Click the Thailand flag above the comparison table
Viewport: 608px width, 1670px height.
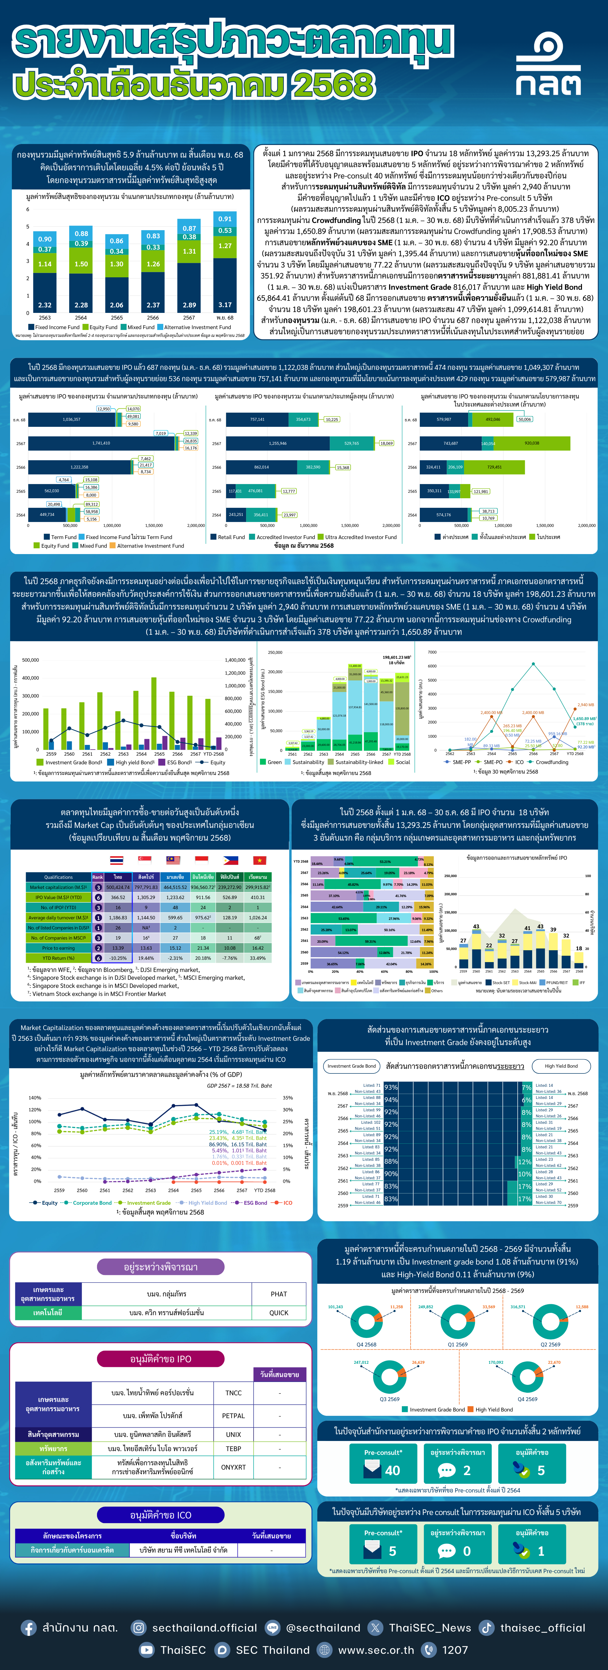click(117, 860)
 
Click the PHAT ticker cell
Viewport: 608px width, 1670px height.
click(279, 1294)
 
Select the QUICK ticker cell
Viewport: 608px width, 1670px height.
click(279, 1313)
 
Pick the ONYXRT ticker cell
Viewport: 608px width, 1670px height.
click(234, 1467)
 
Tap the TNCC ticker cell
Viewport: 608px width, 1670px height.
click(234, 1392)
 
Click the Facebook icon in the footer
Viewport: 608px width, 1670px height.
click(29, 1628)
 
